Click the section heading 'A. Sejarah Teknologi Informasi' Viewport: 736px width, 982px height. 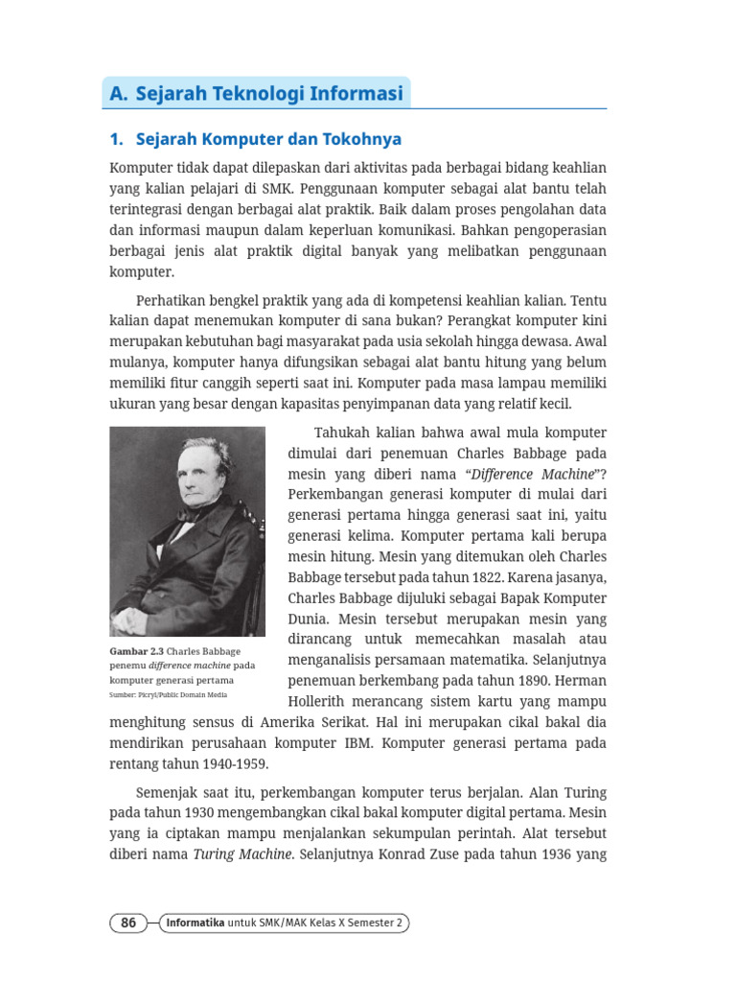tap(257, 94)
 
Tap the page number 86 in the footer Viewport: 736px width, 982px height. tap(128, 923)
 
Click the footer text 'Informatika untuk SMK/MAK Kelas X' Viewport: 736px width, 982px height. tap(287, 923)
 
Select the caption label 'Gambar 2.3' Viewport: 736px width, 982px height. tap(137, 651)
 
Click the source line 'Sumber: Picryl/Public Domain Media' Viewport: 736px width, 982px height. tap(169, 694)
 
